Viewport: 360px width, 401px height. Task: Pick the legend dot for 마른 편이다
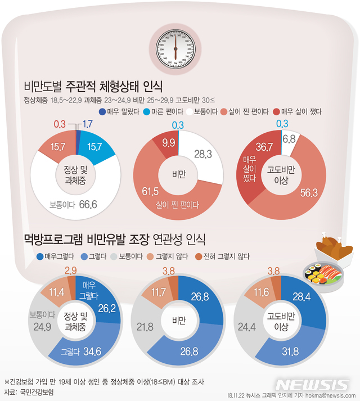(146, 111)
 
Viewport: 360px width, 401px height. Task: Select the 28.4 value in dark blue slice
(301, 296)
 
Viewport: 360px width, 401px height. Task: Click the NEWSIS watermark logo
(314, 384)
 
